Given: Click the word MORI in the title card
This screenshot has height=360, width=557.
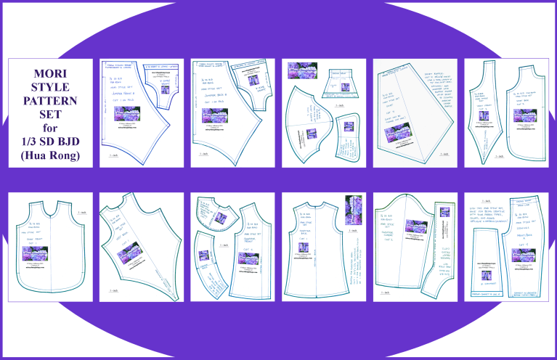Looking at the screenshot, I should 50,73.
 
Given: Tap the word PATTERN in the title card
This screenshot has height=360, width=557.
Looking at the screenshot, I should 50,100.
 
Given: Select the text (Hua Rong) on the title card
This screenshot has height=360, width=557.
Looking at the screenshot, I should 50,154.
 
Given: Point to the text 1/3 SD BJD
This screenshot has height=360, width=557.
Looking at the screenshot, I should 50,140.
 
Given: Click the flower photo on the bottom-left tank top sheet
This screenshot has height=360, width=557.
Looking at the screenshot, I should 34,254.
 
